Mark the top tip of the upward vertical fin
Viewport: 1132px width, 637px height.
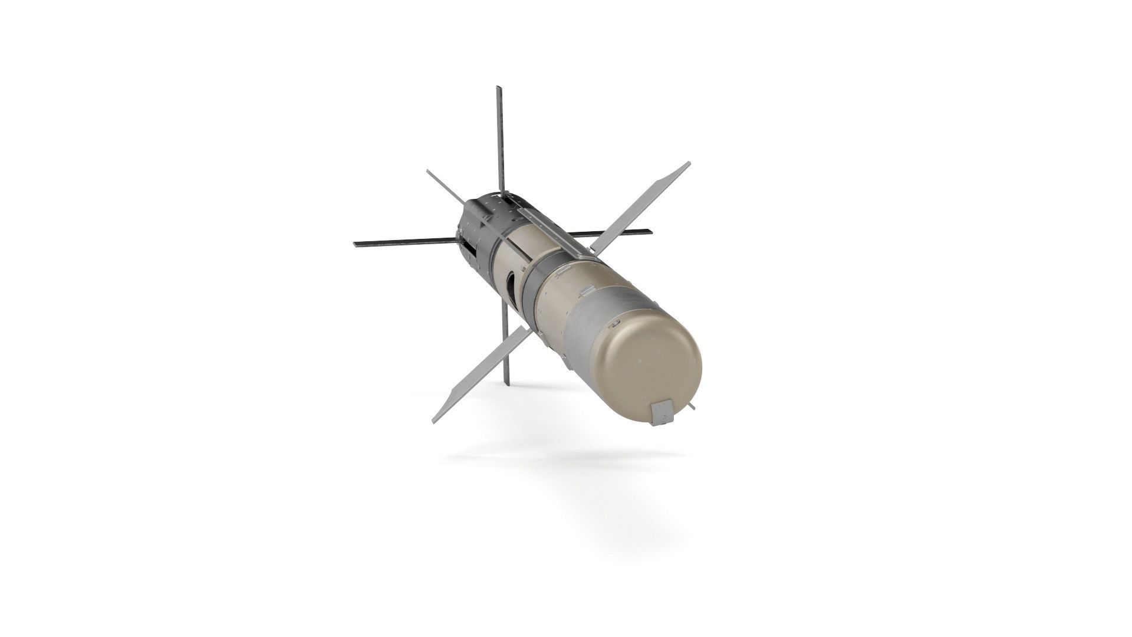click(x=499, y=88)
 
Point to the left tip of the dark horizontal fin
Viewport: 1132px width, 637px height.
click(x=356, y=244)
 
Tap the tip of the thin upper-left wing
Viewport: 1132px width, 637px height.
click(x=428, y=172)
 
